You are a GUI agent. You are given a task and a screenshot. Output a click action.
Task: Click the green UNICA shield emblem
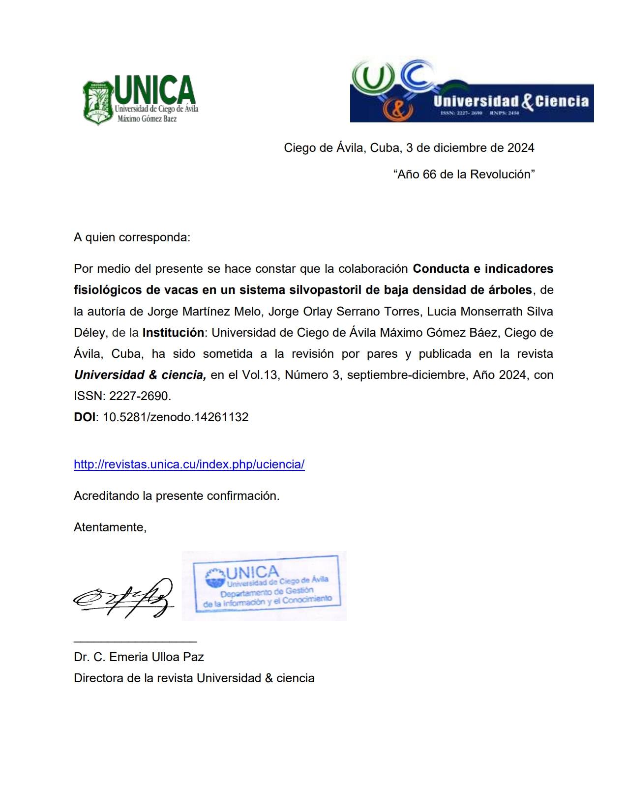pyautogui.click(x=98, y=103)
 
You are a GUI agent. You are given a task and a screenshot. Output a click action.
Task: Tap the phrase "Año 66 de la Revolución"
pyautogui.click(x=464, y=174)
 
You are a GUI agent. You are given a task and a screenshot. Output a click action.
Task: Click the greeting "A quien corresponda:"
pyautogui.click(x=132, y=237)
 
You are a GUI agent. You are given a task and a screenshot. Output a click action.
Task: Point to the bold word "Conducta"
pyautogui.click(x=441, y=269)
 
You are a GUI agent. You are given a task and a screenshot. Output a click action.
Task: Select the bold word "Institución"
pyautogui.click(x=173, y=333)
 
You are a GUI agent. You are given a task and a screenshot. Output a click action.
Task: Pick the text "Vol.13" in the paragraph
pyautogui.click(x=260, y=375)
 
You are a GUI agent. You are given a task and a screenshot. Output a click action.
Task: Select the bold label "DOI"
pyautogui.click(x=85, y=417)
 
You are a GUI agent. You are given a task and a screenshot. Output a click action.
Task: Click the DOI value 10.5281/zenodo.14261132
pyautogui.click(x=176, y=417)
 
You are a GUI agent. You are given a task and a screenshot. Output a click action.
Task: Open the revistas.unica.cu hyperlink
pyautogui.click(x=189, y=464)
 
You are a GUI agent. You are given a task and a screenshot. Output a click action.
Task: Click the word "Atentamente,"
pyautogui.click(x=110, y=527)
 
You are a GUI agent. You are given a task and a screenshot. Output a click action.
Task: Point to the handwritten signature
pyautogui.click(x=124, y=598)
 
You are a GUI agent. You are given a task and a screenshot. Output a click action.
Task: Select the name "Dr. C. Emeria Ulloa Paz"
pyautogui.click(x=139, y=657)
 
